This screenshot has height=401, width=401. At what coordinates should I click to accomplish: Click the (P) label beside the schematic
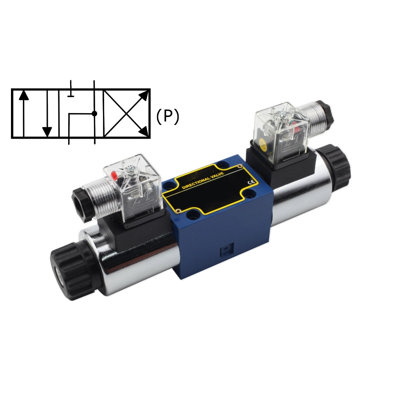168,116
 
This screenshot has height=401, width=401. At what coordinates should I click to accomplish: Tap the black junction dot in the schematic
94,114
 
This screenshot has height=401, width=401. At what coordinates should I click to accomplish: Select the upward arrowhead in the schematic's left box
23,95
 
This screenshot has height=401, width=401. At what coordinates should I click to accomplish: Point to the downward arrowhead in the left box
47,132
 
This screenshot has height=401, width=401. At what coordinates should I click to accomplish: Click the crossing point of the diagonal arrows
126,114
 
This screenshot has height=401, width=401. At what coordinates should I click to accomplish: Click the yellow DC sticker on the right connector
263,146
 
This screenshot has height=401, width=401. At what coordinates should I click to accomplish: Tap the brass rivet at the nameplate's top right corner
240,168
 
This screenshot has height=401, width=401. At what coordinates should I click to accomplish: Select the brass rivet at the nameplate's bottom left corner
178,211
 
